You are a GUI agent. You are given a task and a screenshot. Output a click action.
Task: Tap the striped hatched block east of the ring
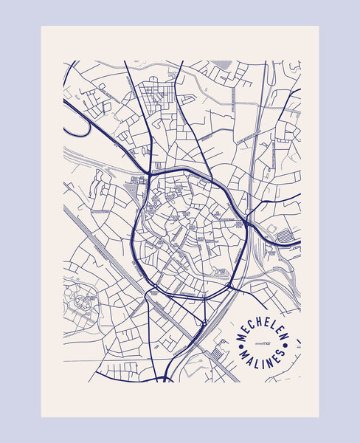point(284,236)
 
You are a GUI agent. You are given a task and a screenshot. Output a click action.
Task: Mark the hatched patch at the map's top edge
point(221,64)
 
